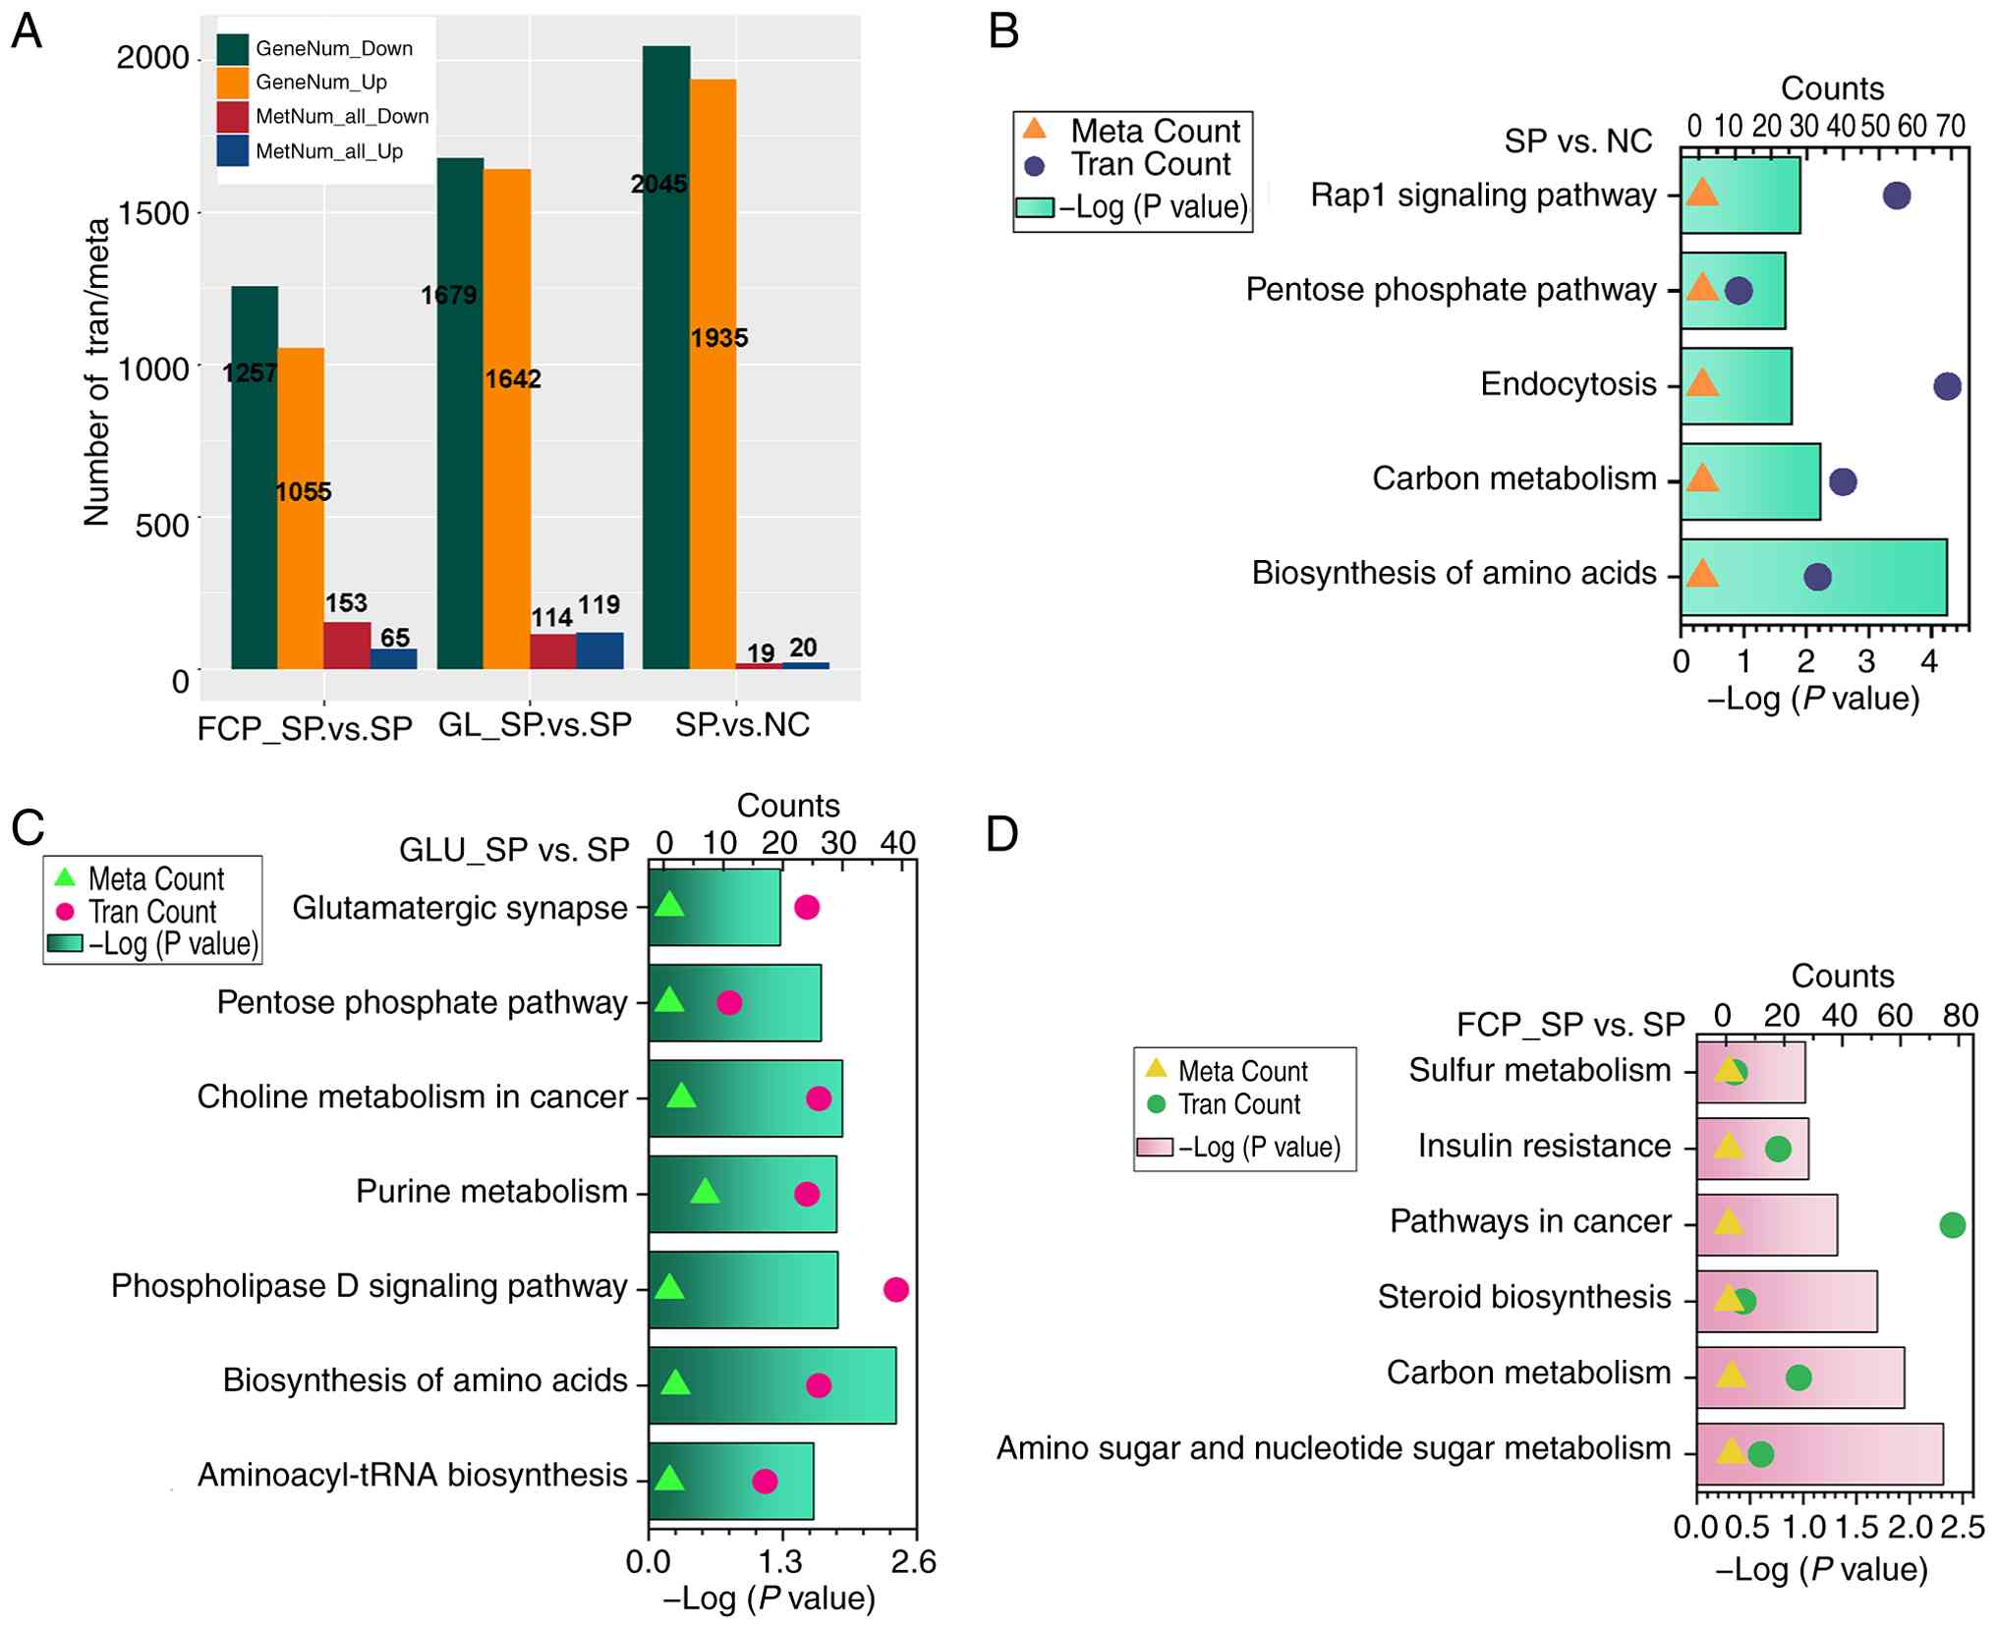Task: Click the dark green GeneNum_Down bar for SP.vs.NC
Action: coord(665,393)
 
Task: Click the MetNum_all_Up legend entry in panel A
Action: coord(328,151)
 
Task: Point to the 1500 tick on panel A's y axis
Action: coord(153,213)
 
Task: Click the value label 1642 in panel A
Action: coord(513,379)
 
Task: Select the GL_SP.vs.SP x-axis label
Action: coord(535,725)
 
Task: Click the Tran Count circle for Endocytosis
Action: coord(1946,386)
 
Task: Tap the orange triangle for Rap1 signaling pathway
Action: coord(1701,194)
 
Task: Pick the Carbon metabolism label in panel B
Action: coord(1513,478)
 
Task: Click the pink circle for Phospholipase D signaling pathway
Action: coord(895,1289)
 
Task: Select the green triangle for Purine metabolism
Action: coord(705,1193)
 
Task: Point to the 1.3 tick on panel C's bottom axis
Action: coord(781,1561)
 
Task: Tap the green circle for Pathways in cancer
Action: coord(1952,1225)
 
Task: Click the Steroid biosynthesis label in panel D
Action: coord(1523,1297)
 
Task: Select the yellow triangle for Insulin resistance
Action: coord(1728,1147)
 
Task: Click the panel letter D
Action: coord(1001,833)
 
